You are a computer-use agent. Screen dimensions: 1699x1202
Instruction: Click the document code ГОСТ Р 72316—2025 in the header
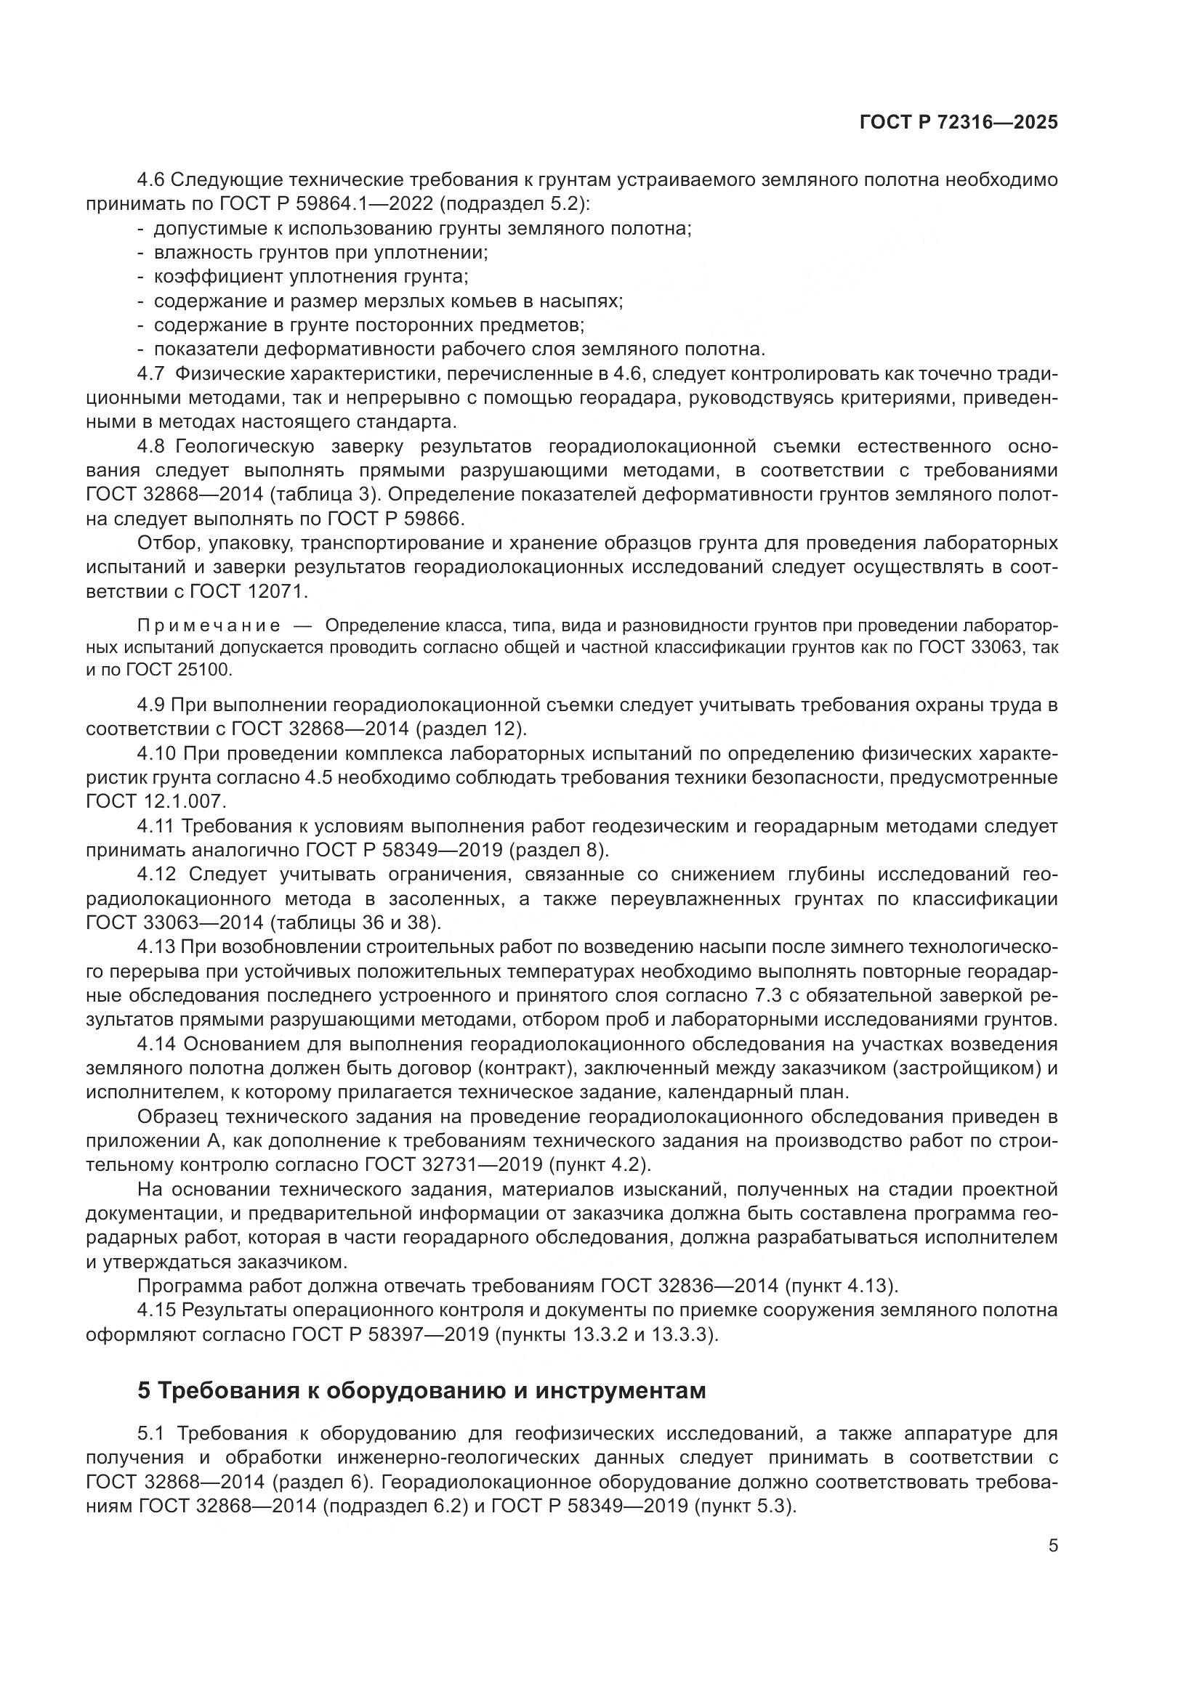click(959, 123)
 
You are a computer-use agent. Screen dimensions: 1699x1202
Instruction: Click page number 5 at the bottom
click(1052, 1546)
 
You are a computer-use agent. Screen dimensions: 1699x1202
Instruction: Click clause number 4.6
click(153, 180)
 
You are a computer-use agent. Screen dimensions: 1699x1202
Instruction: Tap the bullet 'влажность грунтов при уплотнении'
click(320, 253)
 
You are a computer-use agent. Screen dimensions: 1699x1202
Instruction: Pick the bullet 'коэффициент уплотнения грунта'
click(311, 277)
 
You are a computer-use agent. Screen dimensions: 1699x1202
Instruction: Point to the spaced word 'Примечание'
click(209, 626)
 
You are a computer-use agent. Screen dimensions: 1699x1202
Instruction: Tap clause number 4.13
click(156, 947)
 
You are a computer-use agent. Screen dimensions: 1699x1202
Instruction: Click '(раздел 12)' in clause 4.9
click(471, 729)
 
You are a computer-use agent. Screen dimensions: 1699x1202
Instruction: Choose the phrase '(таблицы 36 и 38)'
click(356, 923)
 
